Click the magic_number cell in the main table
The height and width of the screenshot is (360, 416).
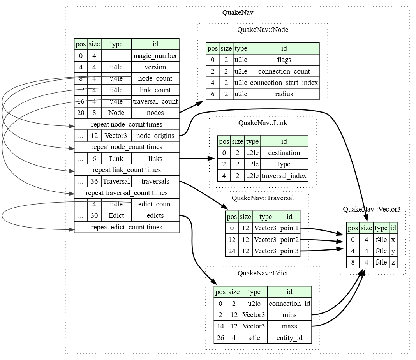155,56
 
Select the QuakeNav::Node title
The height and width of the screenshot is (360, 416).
263,30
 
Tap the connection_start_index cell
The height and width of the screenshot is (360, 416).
284,83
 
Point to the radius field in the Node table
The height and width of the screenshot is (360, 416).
284,94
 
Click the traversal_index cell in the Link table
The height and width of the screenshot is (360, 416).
284,175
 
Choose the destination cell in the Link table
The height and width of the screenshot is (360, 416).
284,153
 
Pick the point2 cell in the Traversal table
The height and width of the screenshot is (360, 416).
289,239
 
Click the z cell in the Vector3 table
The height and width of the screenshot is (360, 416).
393,262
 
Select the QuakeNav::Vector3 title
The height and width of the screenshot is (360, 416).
371,209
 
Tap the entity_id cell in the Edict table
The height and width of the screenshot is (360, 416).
289,337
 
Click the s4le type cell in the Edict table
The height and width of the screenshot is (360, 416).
254,337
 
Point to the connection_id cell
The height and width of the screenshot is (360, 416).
289,304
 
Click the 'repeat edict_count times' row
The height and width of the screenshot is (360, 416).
127,227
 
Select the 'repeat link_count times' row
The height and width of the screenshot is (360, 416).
127,170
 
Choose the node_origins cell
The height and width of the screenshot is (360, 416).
155,136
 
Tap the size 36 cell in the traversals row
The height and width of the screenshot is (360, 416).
94,181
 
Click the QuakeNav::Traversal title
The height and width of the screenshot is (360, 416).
263,198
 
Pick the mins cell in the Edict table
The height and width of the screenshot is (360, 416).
289,315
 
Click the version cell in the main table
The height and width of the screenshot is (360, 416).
155,67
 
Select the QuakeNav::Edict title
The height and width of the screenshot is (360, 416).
263,273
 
